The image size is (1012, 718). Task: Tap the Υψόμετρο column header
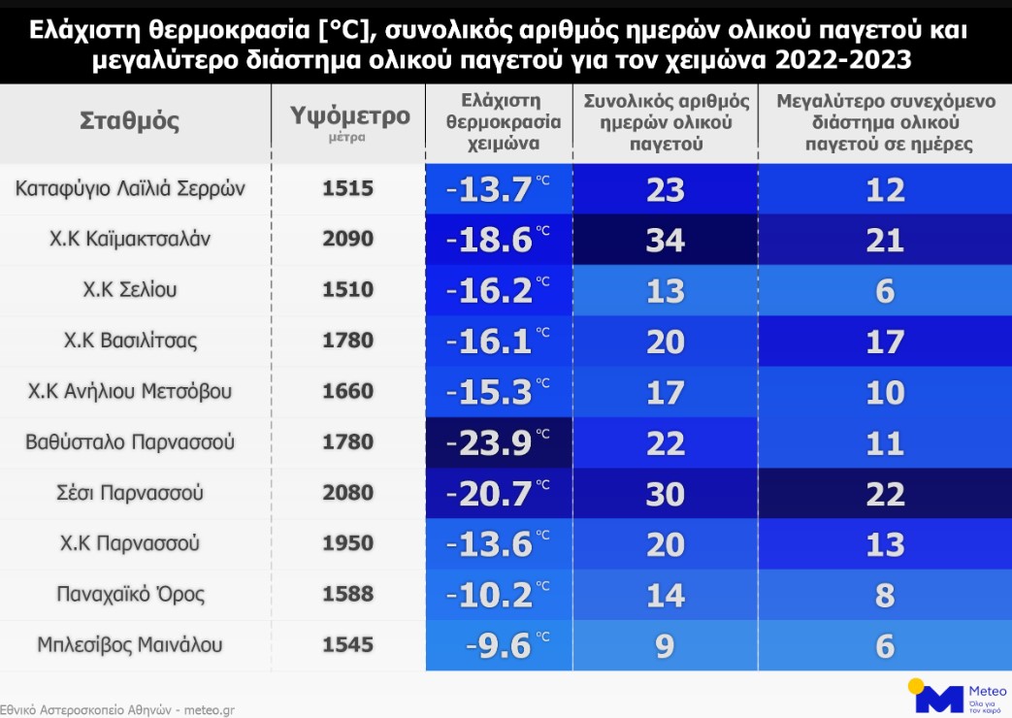coord(349,116)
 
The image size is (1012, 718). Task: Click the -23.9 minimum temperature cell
coord(489,442)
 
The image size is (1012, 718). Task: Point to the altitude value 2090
coord(347,240)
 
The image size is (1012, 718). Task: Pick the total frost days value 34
coord(665,240)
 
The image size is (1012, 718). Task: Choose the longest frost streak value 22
coord(884,493)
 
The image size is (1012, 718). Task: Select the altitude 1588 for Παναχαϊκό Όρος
coord(347,594)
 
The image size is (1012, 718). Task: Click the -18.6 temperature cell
coord(489,240)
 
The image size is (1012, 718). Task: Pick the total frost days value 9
coord(665,645)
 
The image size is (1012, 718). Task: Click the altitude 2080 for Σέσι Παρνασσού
coord(347,493)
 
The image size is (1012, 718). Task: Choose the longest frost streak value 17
coord(884,342)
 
